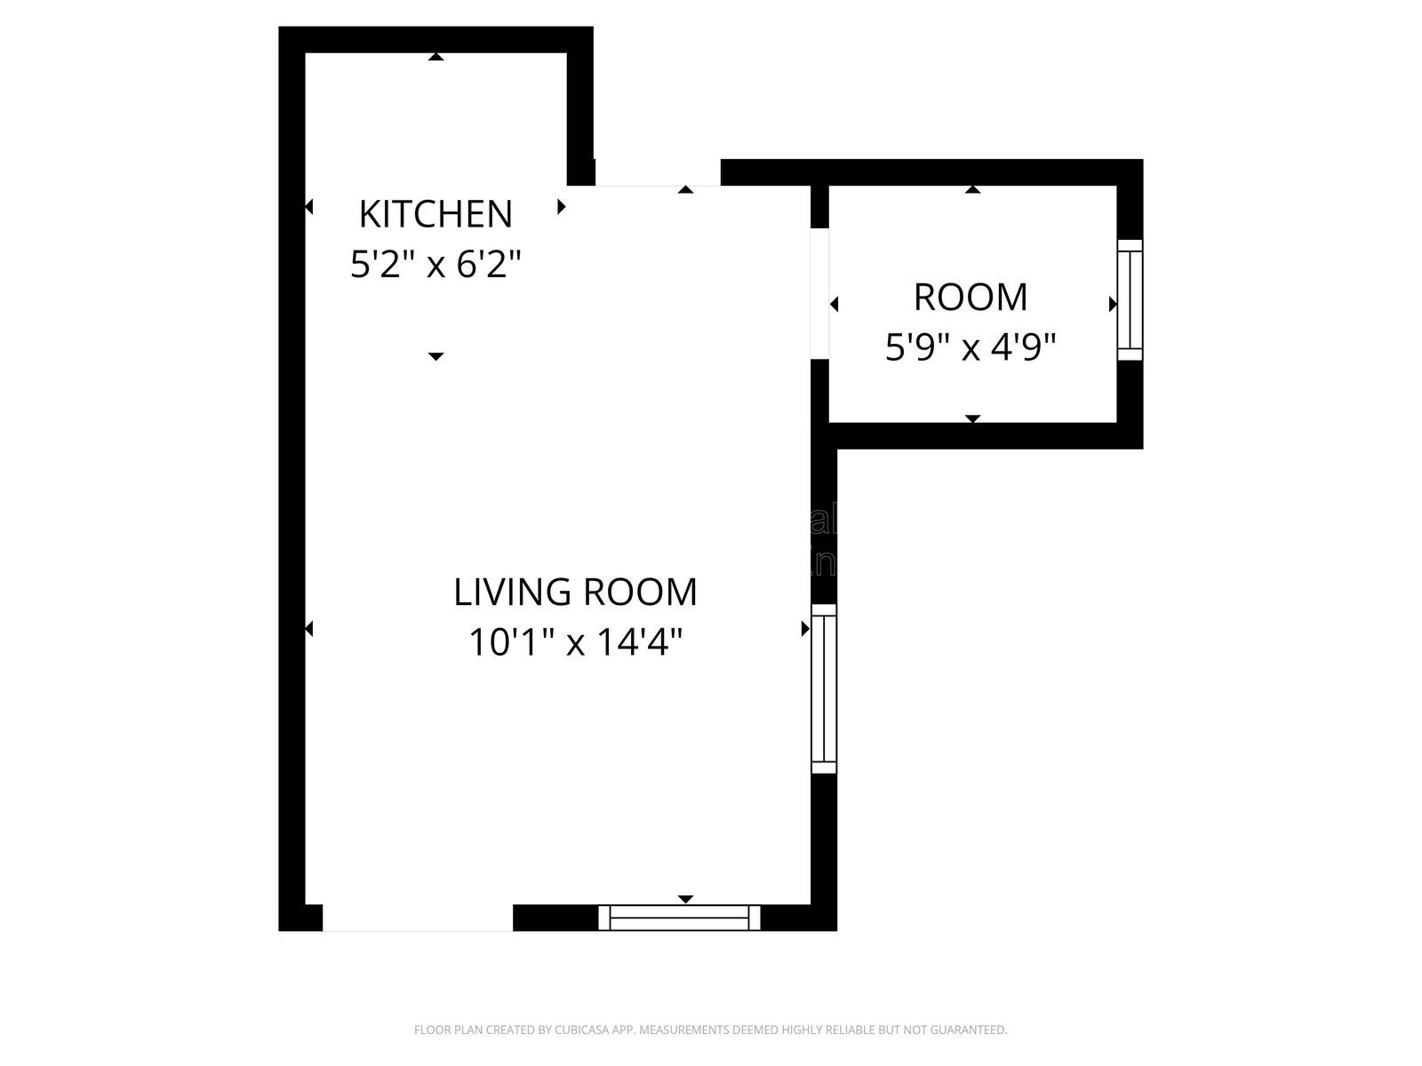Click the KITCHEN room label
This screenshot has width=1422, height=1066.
(x=435, y=214)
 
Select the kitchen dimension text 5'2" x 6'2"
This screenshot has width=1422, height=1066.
(x=435, y=265)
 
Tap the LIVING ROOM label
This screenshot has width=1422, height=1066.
(x=575, y=593)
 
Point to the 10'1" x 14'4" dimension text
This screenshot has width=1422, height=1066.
(x=575, y=642)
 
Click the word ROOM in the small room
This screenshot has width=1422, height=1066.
(x=971, y=298)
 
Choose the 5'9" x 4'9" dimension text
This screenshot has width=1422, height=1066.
(x=971, y=347)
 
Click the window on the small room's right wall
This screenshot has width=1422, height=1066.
(x=1130, y=300)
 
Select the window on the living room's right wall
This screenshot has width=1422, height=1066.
(x=824, y=688)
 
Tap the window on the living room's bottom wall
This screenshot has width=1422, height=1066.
(x=680, y=918)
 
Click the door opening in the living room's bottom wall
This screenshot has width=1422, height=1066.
(x=418, y=918)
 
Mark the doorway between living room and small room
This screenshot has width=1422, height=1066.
(x=820, y=294)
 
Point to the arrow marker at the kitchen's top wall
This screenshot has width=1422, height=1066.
(x=435, y=57)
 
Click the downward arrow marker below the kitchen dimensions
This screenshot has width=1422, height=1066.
(x=435, y=356)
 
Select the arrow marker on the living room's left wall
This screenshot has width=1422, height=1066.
(x=308, y=629)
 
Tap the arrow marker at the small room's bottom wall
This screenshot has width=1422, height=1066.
(x=973, y=418)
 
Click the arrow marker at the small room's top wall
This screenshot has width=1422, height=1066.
(x=973, y=189)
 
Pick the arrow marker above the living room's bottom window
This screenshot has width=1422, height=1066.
(x=685, y=899)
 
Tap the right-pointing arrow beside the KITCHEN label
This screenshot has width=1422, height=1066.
(x=562, y=207)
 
